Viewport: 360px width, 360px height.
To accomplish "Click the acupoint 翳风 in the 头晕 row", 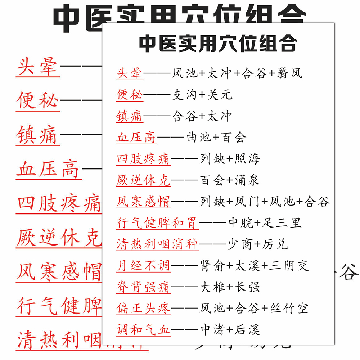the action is (x=289, y=73).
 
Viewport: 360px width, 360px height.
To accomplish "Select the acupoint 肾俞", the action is (x=212, y=266).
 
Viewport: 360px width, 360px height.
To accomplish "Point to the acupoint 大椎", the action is (x=212, y=287).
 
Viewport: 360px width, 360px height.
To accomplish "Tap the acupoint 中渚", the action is (x=212, y=329).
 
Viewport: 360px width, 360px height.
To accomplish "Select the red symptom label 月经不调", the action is (x=143, y=266).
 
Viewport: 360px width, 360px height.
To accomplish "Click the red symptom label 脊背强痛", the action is (x=143, y=287).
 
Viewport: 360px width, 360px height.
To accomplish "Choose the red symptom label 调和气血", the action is (x=143, y=329).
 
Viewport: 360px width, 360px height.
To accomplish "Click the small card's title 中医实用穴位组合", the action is (x=218, y=44).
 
